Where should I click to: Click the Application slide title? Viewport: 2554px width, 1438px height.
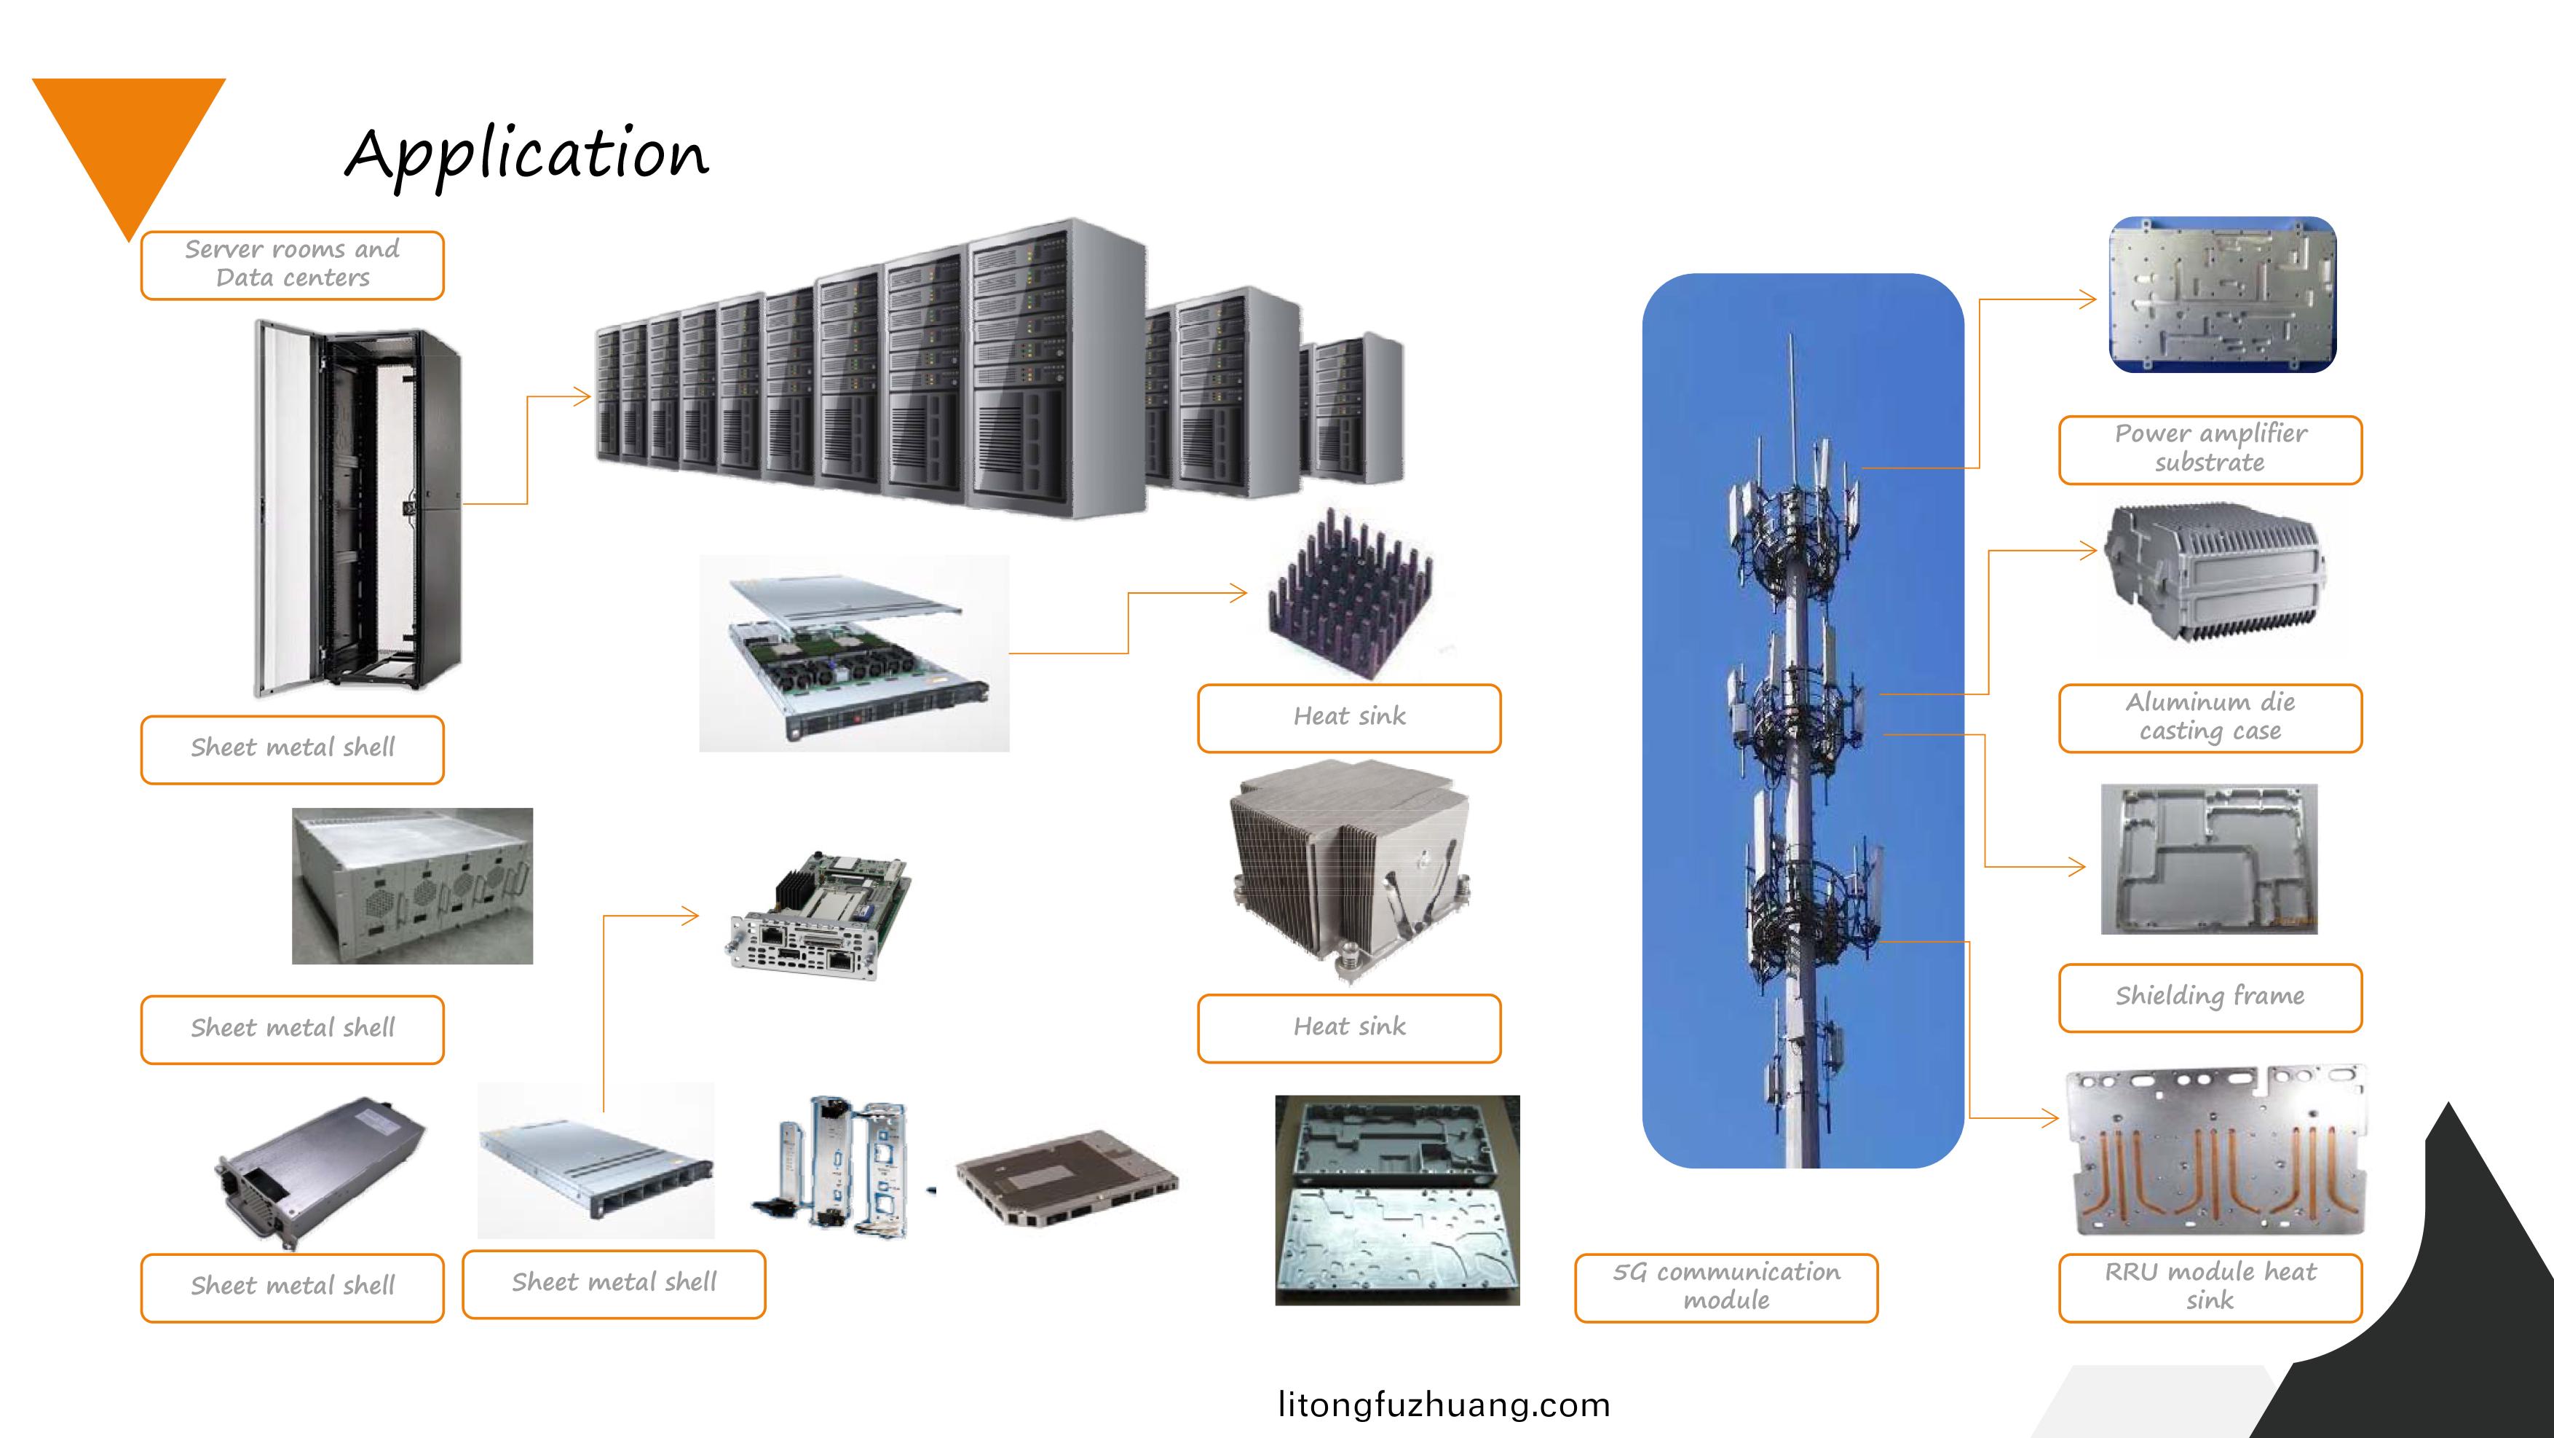526,154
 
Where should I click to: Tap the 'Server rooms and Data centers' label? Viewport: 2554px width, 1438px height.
293,264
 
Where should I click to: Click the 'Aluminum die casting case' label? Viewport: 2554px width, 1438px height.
2210,717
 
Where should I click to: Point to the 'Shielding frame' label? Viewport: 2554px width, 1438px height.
2210,997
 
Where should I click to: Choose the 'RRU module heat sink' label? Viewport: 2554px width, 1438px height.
2210,1286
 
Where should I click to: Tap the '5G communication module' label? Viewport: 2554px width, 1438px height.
1726,1286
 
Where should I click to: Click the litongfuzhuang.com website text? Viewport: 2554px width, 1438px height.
1444,1404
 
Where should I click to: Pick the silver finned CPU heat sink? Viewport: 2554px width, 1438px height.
1348,868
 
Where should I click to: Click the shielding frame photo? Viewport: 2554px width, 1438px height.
2209,859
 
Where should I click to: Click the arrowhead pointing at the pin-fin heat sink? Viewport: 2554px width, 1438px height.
1239,594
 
